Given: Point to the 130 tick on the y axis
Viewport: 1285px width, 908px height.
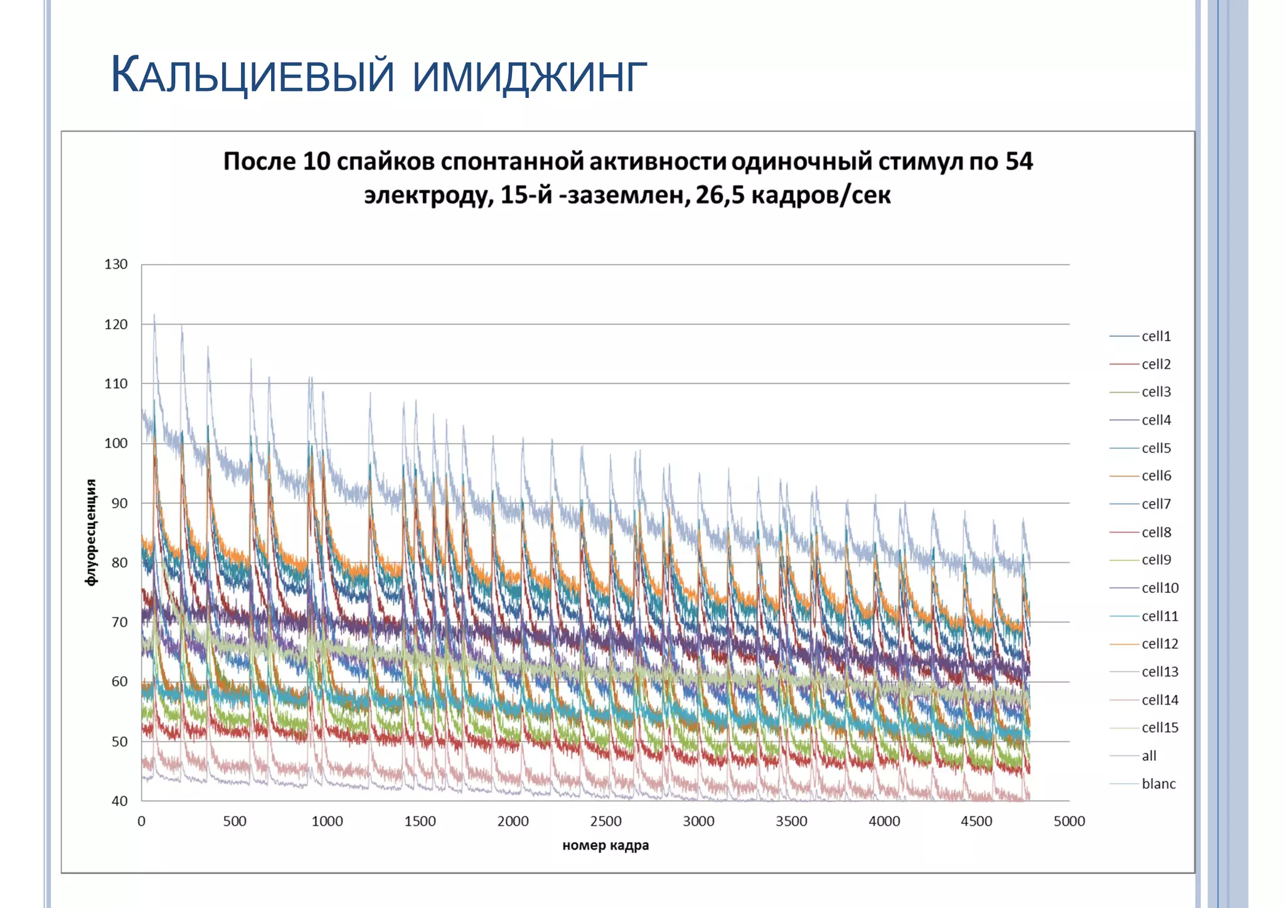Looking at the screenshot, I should coord(116,265).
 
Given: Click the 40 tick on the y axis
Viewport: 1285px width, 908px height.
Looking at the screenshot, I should coord(119,801).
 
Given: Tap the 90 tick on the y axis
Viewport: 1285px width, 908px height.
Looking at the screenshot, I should coord(119,503).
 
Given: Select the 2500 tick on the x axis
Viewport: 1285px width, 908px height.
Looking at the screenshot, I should coord(605,821).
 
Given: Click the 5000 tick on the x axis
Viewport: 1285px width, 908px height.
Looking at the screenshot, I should coord(1069,821).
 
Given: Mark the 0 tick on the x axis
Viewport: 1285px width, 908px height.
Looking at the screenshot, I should coord(142,821).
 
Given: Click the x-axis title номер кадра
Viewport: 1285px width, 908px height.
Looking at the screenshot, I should coord(605,845).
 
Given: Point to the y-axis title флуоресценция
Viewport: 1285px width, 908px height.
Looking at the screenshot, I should coord(92,533).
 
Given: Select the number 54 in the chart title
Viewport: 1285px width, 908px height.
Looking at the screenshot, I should coord(1018,162).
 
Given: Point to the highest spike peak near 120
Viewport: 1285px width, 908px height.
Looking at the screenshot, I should coord(154,316).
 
